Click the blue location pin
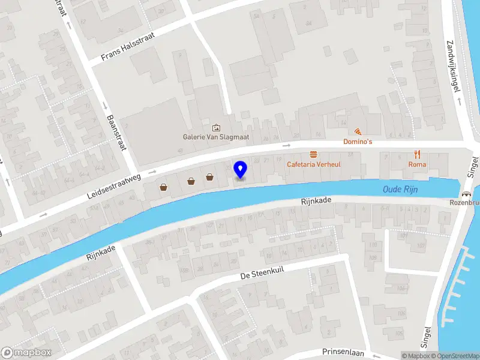[241, 170]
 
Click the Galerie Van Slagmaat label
[216, 137]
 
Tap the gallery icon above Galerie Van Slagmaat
[216, 127]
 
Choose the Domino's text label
[358, 142]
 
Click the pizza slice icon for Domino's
[358, 132]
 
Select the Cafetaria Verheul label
[314, 164]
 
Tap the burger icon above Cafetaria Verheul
[313, 154]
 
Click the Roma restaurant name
[417, 164]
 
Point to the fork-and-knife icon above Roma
[417, 154]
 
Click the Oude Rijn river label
[400, 190]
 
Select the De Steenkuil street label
[262, 273]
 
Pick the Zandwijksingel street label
[454, 66]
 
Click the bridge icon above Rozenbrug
[466, 194]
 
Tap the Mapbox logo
[26, 353]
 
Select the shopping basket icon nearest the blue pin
[209, 177]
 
